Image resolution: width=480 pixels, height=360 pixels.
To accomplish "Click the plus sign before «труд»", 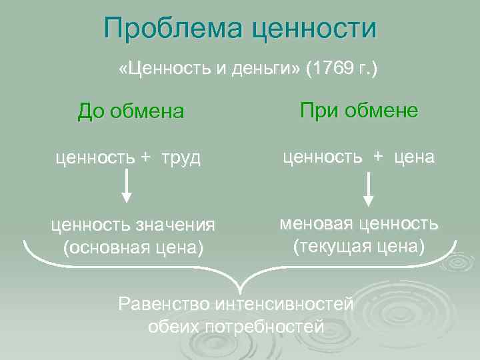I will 146,159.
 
